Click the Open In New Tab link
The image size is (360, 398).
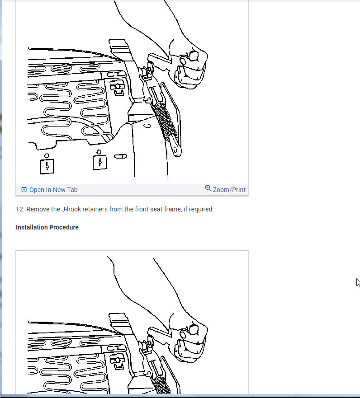point(53,190)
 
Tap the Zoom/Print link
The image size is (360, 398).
point(229,190)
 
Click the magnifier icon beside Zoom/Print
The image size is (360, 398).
point(208,188)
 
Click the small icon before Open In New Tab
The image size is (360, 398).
point(24,190)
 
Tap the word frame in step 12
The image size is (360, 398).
point(171,210)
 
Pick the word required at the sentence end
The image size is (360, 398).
point(201,210)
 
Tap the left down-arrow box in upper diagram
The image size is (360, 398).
point(47,165)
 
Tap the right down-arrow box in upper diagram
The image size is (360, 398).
point(99,162)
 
